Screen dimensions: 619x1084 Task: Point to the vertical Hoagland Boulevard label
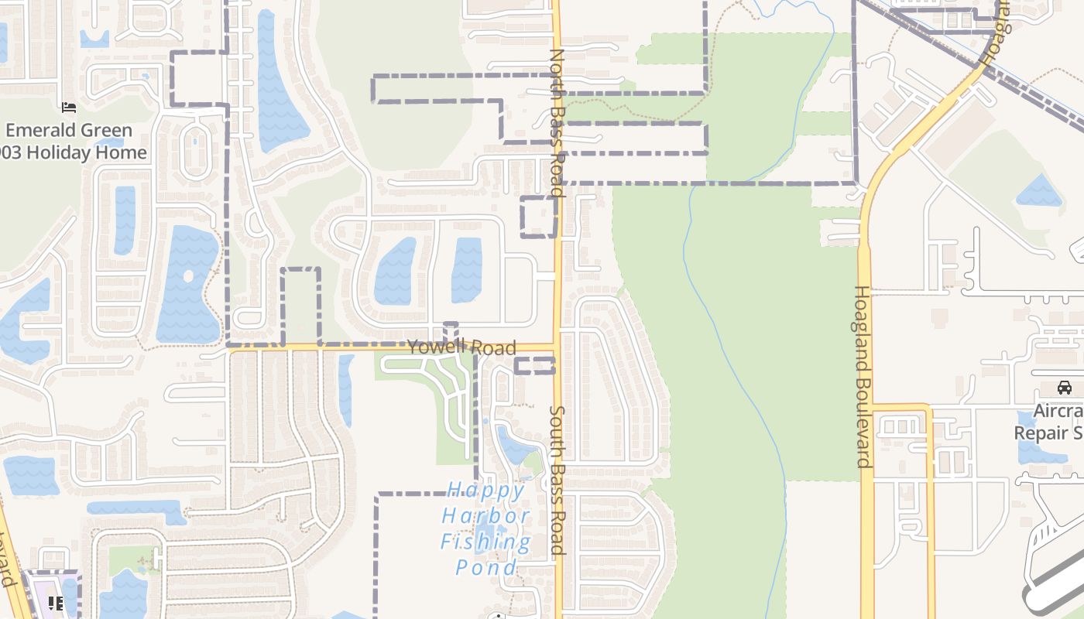click(x=863, y=376)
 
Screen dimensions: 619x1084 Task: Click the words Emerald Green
click(x=70, y=130)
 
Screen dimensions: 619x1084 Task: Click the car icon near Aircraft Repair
click(x=1065, y=387)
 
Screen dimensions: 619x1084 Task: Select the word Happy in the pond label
click(x=486, y=490)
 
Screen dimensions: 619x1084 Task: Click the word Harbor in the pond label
click(x=486, y=515)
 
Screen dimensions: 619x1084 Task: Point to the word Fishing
click(x=486, y=541)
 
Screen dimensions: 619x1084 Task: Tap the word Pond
click(x=486, y=567)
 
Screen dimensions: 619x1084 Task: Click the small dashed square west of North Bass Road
click(x=538, y=217)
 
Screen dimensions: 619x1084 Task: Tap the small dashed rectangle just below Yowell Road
click(x=534, y=366)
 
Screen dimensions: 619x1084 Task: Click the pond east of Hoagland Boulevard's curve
click(x=1038, y=191)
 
